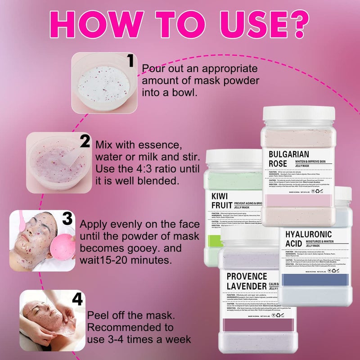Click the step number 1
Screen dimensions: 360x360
point(130,60)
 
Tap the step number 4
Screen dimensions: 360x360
point(77,299)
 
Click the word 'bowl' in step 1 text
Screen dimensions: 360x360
point(186,92)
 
